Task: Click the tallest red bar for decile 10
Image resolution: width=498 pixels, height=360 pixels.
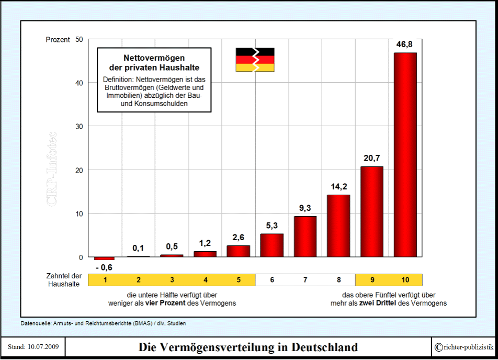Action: [x=405, y=155]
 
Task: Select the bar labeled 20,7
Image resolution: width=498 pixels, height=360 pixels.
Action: [x=372, y=212]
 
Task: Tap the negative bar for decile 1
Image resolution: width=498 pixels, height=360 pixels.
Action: [x=104, y=258]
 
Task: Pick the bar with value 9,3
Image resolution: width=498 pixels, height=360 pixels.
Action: [x=305, y=237]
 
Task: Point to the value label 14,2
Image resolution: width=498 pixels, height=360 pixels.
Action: [x=338, y=187]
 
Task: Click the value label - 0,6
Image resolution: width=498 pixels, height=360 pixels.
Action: [x=105, y=267]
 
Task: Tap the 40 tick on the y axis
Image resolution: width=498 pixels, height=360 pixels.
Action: [x=79, y=83]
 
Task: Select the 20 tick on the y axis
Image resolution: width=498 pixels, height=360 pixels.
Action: [x=79, y=170]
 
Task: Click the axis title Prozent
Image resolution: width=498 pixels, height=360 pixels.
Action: [x=58, y=39]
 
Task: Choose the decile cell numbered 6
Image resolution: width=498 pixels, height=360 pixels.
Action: [x=271, y=279]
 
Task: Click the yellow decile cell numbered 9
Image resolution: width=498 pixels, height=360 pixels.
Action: [x=372, y=279]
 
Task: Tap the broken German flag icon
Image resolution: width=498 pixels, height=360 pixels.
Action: [x=255, y=60]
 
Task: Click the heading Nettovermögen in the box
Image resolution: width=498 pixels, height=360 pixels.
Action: [x=154, y=58]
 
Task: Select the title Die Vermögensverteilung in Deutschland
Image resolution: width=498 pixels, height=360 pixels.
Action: [x=248, y=347]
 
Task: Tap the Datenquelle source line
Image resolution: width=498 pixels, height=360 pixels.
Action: [x=103, y=323]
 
